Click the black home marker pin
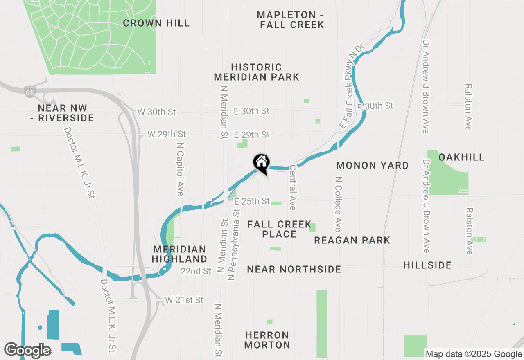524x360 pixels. (x=261, y=163)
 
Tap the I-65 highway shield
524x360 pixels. (x=29, y=92)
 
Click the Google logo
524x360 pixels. (x=27, y=350)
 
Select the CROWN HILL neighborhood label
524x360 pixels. (x=156, y=23)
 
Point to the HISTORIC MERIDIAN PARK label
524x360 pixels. (x=257, y=72)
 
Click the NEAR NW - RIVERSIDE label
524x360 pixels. (x=66, y=113)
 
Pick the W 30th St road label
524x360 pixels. (x=156, y=112)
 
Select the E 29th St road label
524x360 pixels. (x=252, y=135)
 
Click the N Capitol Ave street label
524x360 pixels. (x=180, y=169)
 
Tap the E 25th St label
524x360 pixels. (x=252, y=201)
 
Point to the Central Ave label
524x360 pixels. (x=292, y=187)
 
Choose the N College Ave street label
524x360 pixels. (x=338, y=204)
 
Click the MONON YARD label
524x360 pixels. (x=373, y=165)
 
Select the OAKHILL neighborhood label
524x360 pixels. (x=461, y=157)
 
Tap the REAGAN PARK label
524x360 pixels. (x=352, y=240)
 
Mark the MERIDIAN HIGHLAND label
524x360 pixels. (x=179, y=254)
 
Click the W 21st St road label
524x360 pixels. (x=184, y=300)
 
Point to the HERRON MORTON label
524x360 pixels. (x=267, y=340)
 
